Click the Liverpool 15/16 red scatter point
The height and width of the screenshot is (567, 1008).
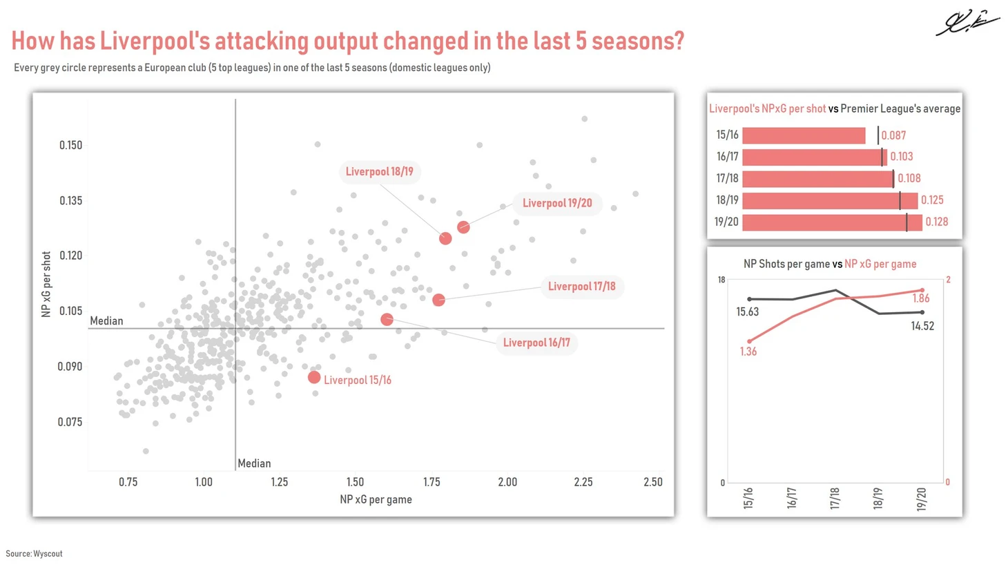(314, 378)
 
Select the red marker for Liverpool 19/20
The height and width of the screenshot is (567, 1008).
(463, 227)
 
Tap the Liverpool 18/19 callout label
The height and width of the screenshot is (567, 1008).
(379, 172)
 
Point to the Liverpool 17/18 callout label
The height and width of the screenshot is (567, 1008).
(581, 287)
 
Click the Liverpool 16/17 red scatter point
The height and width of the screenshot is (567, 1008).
(387, 320)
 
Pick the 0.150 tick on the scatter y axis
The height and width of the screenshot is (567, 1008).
(70, 145)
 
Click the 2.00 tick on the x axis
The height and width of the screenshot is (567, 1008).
(507, 482)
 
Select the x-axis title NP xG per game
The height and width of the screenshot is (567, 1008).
(376, 499)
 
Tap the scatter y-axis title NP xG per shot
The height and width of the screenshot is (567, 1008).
(46, 285)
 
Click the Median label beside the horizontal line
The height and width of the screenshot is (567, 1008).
(106, 321)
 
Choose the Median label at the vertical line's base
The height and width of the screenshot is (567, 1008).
(254, 463)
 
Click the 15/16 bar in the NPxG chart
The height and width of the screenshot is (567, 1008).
(803, 135)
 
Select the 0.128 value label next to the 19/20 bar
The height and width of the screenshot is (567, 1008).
(936, 222)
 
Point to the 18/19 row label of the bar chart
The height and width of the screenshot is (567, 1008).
(727, 200)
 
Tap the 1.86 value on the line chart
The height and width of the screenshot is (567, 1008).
(921, 298)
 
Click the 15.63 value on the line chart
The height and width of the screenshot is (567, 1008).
(747, 312)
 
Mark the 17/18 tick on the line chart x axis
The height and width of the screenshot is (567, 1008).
(835, 498)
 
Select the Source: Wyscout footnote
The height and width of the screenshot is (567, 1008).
(34, 554)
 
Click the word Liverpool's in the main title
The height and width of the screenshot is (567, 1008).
(155, 41)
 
